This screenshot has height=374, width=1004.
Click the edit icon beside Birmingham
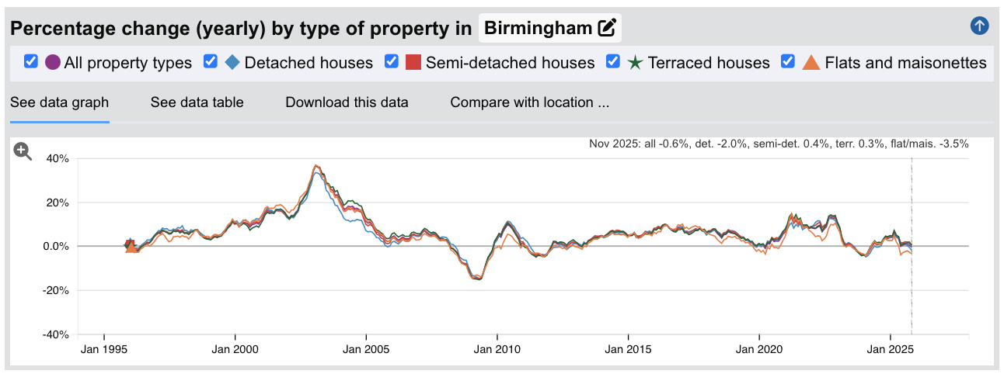[x=607, y=29]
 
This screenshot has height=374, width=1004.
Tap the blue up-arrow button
[x=980, y=26]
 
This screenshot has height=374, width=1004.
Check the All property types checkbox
[x=31, y=62]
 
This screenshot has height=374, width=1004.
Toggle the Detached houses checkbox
[x=211, y=62]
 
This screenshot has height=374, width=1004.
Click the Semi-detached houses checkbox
[x=392, y=62]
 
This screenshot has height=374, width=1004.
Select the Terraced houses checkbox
[x=613, y=62]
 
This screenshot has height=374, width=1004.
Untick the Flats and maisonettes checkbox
[x=788, y=62]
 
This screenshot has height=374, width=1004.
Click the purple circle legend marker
[x=53, y=63]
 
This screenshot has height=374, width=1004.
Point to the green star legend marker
[x=635, y=63]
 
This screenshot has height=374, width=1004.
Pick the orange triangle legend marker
[x=811, y=63]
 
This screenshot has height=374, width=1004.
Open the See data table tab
[x=197, y=102]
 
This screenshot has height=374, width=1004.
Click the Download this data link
[x=347, y=102]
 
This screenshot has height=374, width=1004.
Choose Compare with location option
[x=529, y=102]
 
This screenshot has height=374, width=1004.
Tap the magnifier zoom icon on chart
[x=23, y=152]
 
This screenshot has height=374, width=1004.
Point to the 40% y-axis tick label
[x=57, y=158]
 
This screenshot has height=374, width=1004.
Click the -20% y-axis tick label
[x=54, y=291]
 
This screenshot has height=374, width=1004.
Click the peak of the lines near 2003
[x=315, y=166]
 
